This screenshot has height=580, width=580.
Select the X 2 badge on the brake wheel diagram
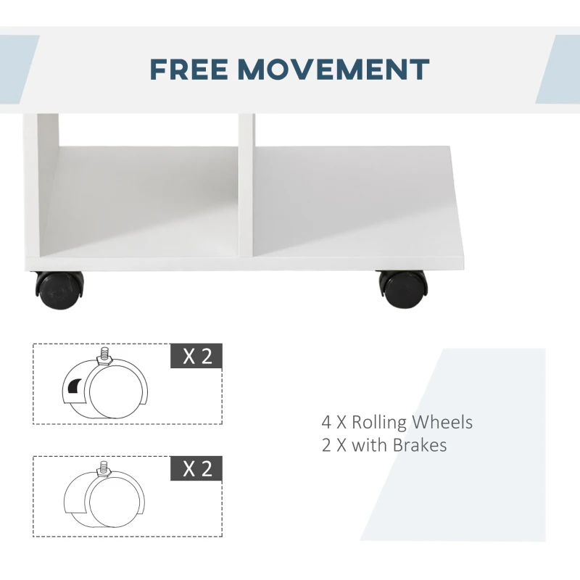(196, 357)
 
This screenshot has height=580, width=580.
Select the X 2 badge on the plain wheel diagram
(196, 468)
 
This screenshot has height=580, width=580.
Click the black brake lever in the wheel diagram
(74, 389)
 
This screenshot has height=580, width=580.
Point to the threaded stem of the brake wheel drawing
(104, 353)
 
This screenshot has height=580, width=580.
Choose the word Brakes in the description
(420, 444)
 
